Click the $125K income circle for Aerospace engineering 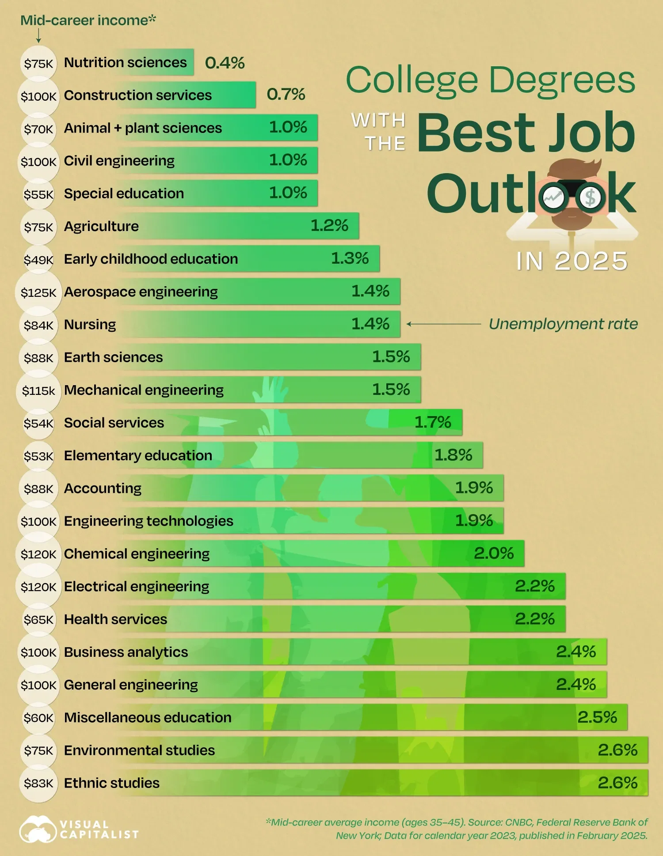click(38, 292)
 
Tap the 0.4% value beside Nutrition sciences click(225, 63)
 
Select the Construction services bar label click(138, 95)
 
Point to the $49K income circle click(38, 260)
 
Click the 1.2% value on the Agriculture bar click(329, 226)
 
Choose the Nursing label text click(90, 325)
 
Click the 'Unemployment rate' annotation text click(563, 324)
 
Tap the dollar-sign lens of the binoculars click(591, 197)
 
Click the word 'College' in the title click(412, 81)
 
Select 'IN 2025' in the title click(572, 261)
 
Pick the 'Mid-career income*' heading click(88, 20)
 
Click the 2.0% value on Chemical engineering click(494, 553)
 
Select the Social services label click(114, 423)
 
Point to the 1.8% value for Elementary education click(453, 455)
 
